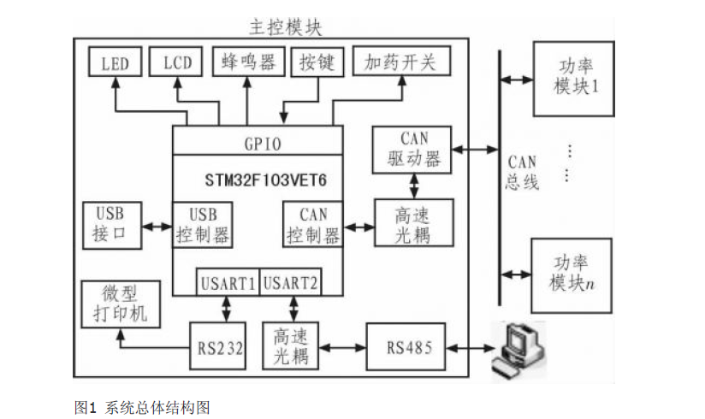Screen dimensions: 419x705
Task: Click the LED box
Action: pyautogui.click(x=116, y=63)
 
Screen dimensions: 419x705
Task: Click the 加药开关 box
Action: pyautogui.click(x=400, y=62)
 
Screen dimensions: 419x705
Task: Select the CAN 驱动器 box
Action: pyautogui.click(x=414, y=150)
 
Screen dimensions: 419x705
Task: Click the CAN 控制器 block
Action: pyautogui.click(x=312, y=225)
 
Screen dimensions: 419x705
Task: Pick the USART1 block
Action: pyautogui.click(x=228, y=283)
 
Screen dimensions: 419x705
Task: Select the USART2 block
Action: pyautogui.click(x=289, y=283)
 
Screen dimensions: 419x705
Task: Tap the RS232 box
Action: pyautogui.click(x=218, y=348)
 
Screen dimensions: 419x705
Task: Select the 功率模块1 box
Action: pyautogui.click(x=572, y=78)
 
